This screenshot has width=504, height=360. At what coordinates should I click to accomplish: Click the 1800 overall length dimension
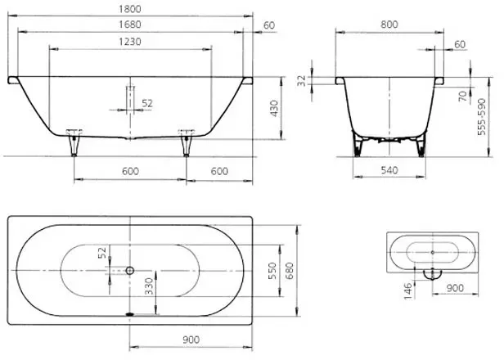(130, 9)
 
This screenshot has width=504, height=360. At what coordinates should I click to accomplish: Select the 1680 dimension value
(130, 25)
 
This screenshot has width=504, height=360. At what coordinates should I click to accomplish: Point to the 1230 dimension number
(130, 42)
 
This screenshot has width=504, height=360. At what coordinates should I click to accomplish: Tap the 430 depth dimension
(274, 108)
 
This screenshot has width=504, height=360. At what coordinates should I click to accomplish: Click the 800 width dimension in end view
(389, 25)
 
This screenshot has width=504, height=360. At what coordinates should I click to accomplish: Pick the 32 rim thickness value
(301, 81)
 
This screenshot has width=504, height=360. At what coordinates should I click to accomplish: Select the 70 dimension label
(462, 96)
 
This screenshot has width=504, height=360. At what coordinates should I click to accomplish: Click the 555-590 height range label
(481, 117)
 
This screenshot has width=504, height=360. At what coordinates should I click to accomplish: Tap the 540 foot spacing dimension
(389, 170)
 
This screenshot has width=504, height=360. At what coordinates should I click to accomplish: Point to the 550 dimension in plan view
(272, 271)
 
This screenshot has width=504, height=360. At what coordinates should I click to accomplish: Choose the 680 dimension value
(290, 271)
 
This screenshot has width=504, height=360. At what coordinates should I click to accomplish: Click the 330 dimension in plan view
(149, 286)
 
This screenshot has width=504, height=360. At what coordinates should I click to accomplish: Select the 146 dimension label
(407, 291)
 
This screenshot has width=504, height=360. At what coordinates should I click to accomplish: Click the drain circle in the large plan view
(130, 271)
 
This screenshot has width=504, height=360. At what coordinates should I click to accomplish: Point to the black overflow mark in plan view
(129, 314)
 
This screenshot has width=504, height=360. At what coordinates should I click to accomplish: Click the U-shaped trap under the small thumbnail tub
(432, 275)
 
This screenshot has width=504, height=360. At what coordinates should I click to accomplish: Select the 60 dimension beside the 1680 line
(269, 25)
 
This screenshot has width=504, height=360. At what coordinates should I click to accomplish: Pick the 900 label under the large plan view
(191, 340)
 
